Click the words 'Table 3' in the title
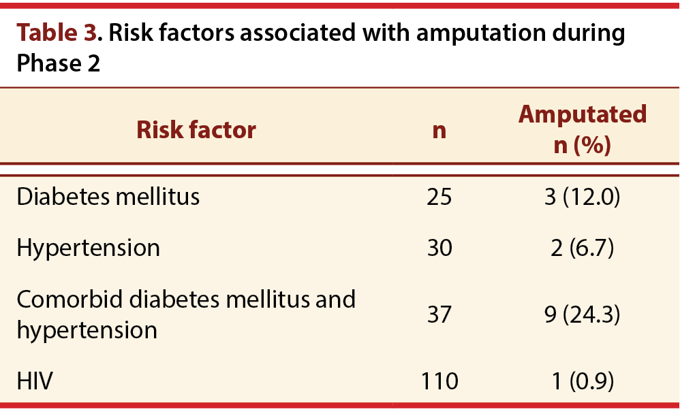tap(57, 33)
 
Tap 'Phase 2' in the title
tap(58, 63)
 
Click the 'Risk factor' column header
tap(196, 129)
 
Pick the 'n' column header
tap(439, 131)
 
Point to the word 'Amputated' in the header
tap(583, 115)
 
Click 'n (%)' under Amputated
tap(583, 145)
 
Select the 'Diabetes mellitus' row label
tap(108, 196)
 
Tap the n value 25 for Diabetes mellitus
tap(439, 197)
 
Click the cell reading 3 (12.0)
tap(583, 197)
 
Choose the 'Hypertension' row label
tap(88, 248)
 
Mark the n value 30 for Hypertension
tap(439, 248)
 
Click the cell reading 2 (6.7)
tap(583, 248)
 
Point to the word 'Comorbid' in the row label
tap(69, 300)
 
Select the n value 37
tap(439, 314)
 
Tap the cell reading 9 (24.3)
tap(583, 314)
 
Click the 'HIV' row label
tap(35, 381)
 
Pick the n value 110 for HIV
tap(439, 381)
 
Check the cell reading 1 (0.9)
tap(583, 381)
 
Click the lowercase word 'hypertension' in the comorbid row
tap(87, 331)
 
